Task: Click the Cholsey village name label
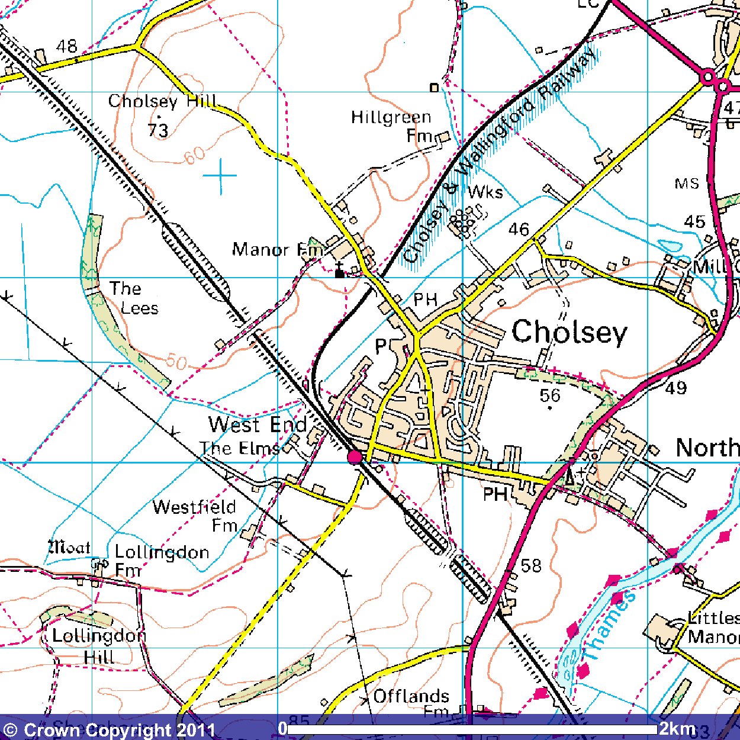[x=569, y=332]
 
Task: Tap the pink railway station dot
[x=355, y=456]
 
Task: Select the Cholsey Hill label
[x=162, y=101]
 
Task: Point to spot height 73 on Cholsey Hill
[x=158, y=130]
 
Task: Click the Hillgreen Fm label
[x=391, y=126]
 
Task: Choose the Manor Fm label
[x=277, y=249]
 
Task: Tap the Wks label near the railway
[x=485, y=192]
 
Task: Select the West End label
[x=258, y=424]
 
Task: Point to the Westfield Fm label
[x=195, y=516]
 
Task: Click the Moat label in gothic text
[x=69, y=548]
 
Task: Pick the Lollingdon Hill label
[x=98, y=646]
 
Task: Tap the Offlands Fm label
[x=411, y=702]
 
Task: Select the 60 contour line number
[x=194, y=156]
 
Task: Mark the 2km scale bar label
[x=677, y=728]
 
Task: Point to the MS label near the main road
[x=687, y=184]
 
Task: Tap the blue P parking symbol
[x=381, y=345]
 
